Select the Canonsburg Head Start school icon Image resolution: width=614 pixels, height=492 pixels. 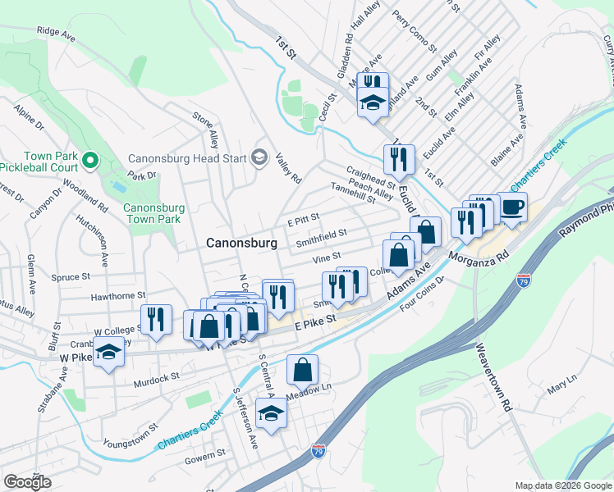[260, 157]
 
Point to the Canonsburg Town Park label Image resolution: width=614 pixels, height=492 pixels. [153, 213]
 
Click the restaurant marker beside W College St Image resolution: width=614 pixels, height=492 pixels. [156, 320]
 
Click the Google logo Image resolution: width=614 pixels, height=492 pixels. [28, 482]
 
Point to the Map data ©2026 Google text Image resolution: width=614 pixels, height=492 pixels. [563, 485]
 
